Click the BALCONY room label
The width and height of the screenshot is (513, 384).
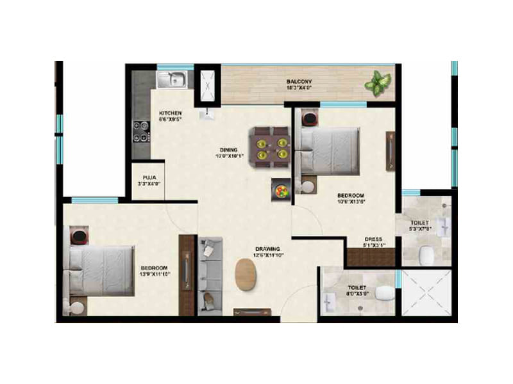click(299, 81)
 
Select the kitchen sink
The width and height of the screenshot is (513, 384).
click(171, 79)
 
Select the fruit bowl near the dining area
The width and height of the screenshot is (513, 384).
click(281, 189)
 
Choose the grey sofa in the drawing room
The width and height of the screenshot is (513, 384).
click(210, 276)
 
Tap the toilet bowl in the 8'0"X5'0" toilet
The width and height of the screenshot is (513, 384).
click(385, 294)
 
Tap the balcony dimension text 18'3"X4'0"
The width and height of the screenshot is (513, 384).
click(299, 89)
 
